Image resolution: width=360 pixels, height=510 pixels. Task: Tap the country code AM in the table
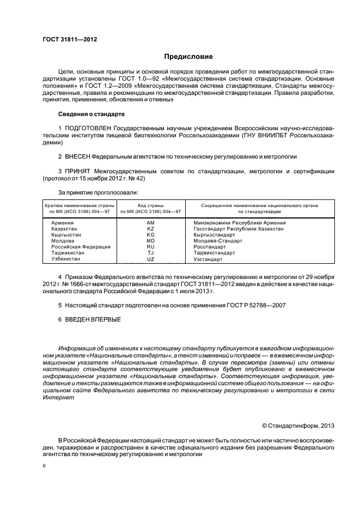point(151,223)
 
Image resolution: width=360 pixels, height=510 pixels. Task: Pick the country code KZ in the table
point(151,229)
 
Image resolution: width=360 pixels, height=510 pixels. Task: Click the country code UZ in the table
point(151,259)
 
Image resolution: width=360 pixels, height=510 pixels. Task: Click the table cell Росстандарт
point(210,247)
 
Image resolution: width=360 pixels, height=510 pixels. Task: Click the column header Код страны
point(151,205)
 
